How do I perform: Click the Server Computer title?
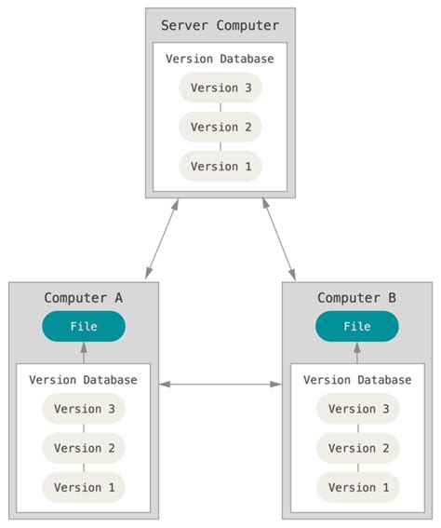[x=220, y=25]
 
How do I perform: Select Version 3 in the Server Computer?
[x=220, y=88]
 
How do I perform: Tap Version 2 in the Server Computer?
[x=220, y=127]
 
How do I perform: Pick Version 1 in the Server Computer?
[x=220, y=166]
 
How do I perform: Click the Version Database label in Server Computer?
[x=220, y=59]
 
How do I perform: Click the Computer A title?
[x=83, y=298]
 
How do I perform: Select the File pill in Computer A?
[x=84, y=327]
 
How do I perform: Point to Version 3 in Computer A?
[x=84, y=409]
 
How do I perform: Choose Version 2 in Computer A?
[x=84, y=448]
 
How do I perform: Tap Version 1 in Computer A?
[x=84, y=487]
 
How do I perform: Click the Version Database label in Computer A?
[x=83, y=380]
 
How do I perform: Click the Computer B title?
[x=356, y=298]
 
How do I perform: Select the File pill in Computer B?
[x=357, y=327]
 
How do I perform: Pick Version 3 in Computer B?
[x=357, y=409]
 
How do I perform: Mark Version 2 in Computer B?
[x=357, y=448]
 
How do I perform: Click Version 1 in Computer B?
[x=357, y=487]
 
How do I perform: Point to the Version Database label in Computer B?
[x=357, y=380]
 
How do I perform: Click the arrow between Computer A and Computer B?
[x=220, y=384]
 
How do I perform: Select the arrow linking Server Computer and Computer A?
[x=161, y=239]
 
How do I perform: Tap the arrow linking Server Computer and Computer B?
[x=279, y=239]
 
